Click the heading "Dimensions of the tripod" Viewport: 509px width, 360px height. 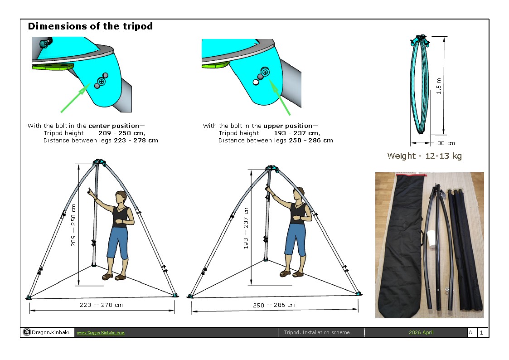point(90,26)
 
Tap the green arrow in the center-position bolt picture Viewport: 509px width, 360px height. point(75,98)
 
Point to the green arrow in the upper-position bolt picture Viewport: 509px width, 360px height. point(280,97)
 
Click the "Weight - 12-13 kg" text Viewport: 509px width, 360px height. point(424,156)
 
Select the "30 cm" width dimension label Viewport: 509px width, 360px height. point(446,143)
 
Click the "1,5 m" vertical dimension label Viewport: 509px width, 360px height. point(439,86)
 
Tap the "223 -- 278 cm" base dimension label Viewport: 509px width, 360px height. point(101,305)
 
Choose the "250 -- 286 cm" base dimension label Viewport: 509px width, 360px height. point(274,305)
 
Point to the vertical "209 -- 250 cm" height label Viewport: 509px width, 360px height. point(73,225)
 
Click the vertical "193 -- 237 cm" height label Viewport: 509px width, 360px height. point(246,228)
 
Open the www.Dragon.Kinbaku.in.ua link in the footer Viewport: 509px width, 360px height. point(101,333)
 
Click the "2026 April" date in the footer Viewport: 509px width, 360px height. point(421,332)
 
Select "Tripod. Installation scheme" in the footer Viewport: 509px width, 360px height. point(316,332)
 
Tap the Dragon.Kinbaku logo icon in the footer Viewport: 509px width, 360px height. point(27,332)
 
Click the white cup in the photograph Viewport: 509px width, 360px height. point(431,239)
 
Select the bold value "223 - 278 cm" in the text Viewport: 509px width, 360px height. point(136,141)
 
